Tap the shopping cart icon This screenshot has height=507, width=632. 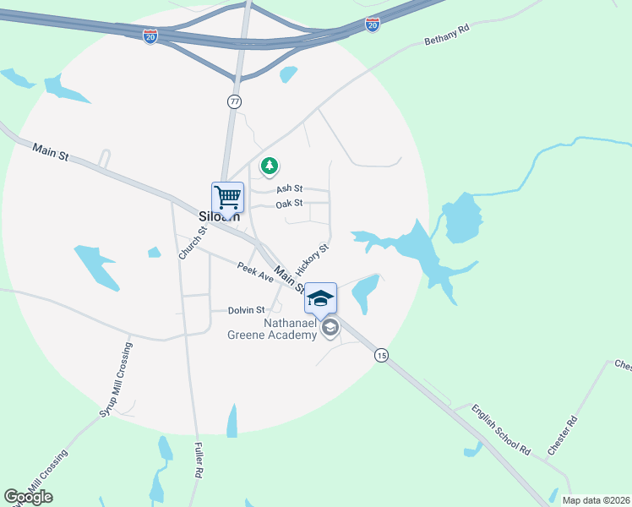pyautogui.click(x=227, y=197)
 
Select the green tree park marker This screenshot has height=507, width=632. pyautogui.click(x=270, y=166)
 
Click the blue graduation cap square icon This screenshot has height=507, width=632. pyautogui.click(x=320, y=297)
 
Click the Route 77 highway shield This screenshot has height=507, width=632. pyautogui.click(x=234, y=101)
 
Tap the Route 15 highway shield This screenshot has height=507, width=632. pyautogui.click(x=382, y=356)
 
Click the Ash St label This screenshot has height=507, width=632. pyautogui.click(x=289, y=189)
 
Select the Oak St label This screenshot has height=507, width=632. pyautogui.click(x=289, y=204)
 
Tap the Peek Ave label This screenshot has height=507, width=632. pyautogui.click(x=255, y=271)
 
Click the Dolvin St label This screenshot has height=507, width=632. pyautogui.click(x=247, y=310)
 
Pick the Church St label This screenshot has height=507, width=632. pyautogui.click(x=192, y=243)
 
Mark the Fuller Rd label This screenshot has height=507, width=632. pyautogui.click(x=199, y=461)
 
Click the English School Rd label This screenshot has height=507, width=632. pyautogui.click(x=501, y=429)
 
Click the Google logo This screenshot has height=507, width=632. pyautogui.click(x=28, y=497)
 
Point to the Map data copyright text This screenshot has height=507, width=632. pyautogui.click(x=595, y=500)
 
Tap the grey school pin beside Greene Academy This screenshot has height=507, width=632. pyautogui.click(x=330, y=328)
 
